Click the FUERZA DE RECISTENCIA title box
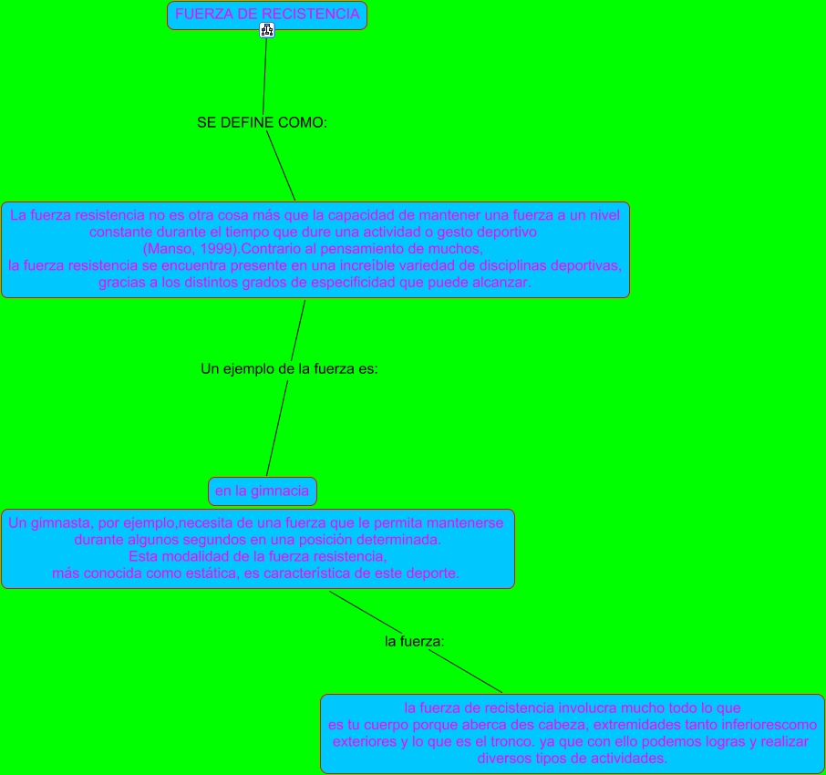tap(267, 15)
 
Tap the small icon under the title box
tap(266, 30)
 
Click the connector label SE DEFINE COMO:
tap(262, 122)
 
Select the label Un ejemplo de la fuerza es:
tap(289, 369)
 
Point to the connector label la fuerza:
tap(415, 642)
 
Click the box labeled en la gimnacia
tap(262, 491)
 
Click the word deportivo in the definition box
tap(505, 232)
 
